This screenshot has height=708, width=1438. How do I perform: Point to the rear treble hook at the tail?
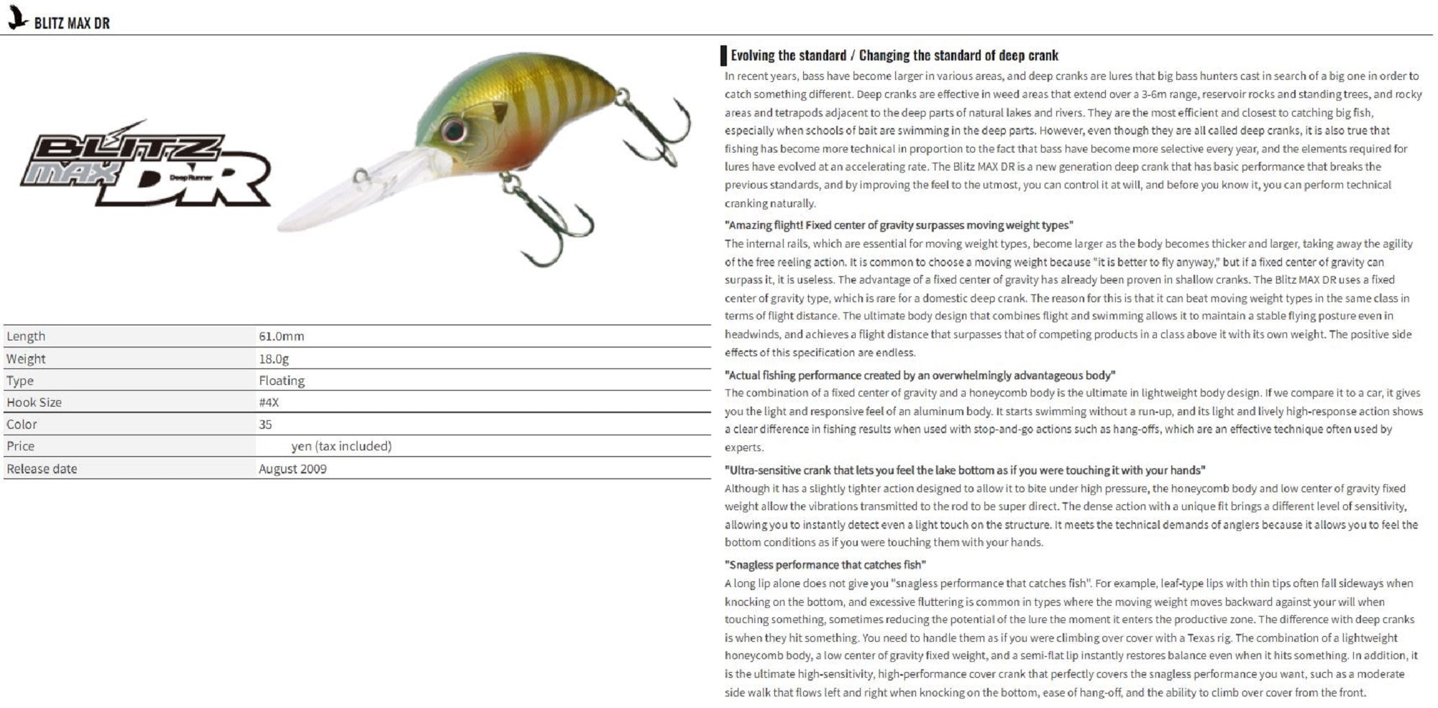[658, 130]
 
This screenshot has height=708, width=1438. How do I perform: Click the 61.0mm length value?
[281, 336]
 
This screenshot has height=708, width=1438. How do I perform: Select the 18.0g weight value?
[273, 358]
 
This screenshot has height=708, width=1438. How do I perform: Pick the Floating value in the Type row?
[281, 381]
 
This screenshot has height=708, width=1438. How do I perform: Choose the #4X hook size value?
[268, 402]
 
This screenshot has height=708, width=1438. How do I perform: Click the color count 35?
[265, 425]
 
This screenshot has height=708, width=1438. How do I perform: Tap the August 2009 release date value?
[292, 468]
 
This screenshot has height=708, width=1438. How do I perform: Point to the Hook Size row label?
[34, 402]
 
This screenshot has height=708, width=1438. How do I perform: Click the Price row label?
[20, 446]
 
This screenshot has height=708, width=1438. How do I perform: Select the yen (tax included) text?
[341, 446]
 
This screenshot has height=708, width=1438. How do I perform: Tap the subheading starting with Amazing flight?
[898, 225]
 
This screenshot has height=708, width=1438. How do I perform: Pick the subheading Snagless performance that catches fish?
[825, 565]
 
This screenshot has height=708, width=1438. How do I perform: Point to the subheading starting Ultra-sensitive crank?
[964, 470]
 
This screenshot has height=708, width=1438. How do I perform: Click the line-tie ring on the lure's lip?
[362, 175]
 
